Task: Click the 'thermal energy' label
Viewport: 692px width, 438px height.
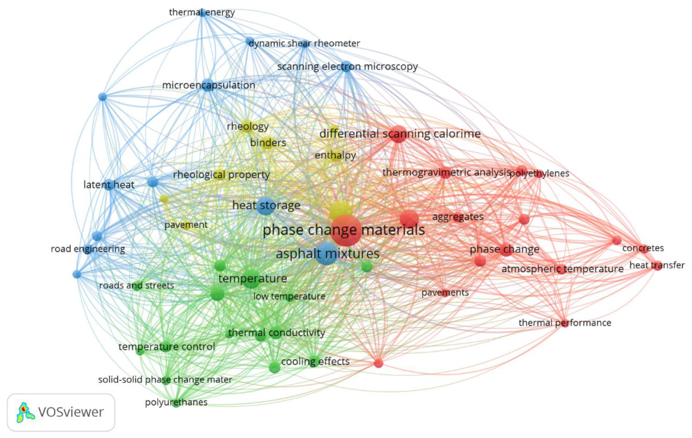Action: [202, 13]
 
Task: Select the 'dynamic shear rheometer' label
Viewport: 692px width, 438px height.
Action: [304, 44]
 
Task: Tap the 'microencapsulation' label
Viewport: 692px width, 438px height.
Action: [209, 85]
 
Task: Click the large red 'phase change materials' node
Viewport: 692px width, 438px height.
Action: [346, 230]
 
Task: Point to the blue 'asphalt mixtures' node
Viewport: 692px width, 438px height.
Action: [326, 254]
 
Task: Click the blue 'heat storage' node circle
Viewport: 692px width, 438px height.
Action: [266, 206]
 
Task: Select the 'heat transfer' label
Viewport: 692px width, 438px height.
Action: [657, 265]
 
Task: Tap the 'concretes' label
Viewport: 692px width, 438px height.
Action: [643, 248]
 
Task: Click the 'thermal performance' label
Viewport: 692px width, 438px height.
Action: [565, 323]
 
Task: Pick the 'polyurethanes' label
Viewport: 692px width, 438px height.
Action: [176, 402]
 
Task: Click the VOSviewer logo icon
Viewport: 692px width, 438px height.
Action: [25, 412]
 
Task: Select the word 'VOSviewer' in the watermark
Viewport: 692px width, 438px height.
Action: [70, 412]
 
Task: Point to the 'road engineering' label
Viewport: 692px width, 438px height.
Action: [88, 249]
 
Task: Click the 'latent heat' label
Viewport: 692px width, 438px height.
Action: [109, 185]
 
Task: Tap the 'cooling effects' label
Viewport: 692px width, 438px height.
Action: [315, 361]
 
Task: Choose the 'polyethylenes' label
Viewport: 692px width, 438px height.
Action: [539, 174]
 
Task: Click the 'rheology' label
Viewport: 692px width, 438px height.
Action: [248, 126]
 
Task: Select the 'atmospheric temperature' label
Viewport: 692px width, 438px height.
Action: [562, 269]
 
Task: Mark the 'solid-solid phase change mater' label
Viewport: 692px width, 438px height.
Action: [165, 380]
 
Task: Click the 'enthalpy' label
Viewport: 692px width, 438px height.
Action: [335, 155]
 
